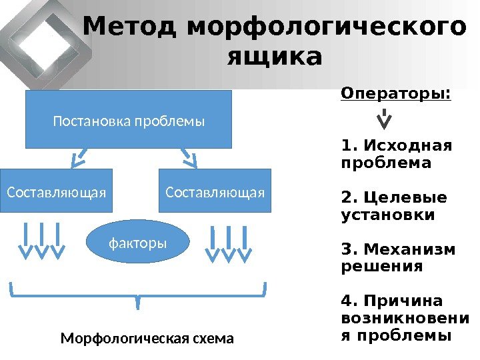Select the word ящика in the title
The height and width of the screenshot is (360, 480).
(x=274, y=57)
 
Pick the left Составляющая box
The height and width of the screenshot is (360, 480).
(x=56, y=192)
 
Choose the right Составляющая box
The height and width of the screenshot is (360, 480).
(x=215, y=192)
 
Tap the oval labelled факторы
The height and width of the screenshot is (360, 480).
(x=138, y=243)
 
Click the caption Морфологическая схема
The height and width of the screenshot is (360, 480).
(x=147, y=339)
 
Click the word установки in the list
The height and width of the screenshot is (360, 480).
(x=387, y=215)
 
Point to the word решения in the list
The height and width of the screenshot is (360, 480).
(x=381, y=267)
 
